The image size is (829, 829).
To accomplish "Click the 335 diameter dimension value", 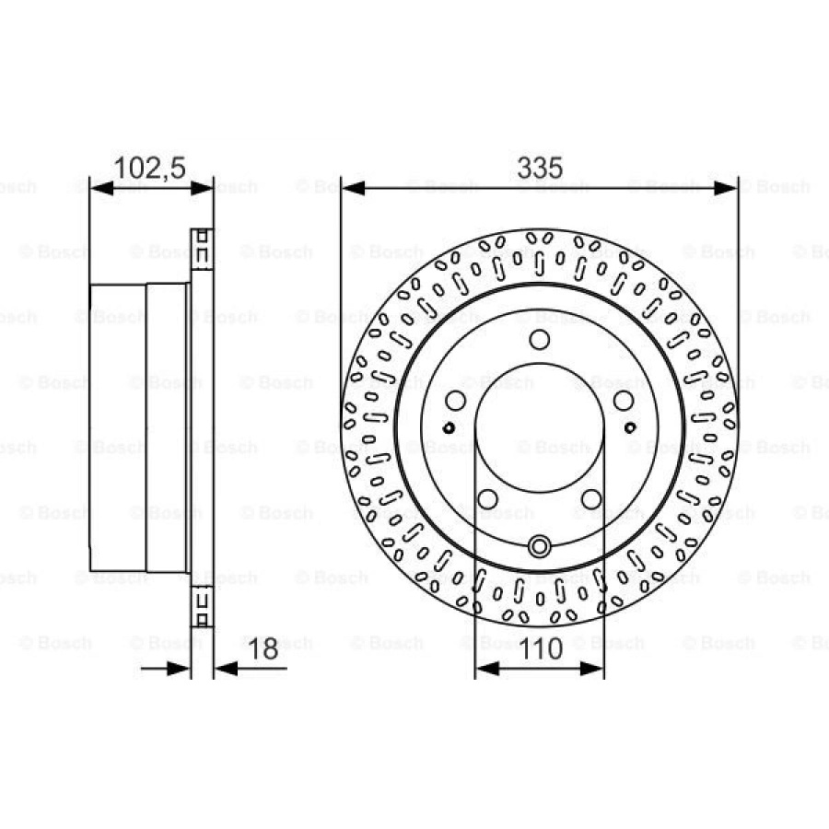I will [x=539, y=168].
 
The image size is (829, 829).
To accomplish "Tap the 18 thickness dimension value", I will [x=264, y=648].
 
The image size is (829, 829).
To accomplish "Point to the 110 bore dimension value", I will [x=540, y=648].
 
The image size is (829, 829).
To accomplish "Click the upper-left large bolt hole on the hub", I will [x=455, y=401].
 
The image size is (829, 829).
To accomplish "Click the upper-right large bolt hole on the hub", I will [x=624, y=401].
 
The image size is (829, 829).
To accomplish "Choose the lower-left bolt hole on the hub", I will [x=487, y=499].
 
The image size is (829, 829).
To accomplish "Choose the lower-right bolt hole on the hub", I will [x=591, y=499].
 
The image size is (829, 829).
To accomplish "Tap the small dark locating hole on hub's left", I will [x=448, y=427].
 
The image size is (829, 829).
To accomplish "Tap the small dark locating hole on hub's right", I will [x=631, y=427].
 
